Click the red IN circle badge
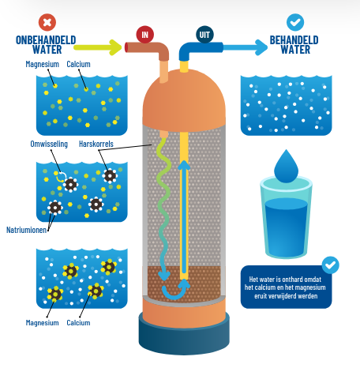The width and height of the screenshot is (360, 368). coord(144,35)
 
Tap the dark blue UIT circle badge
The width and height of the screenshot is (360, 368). coord(204,35)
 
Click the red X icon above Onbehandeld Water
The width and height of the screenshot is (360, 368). coord(47,22)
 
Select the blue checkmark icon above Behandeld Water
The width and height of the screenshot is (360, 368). coord(295,22)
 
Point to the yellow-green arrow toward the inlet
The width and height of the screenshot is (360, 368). coord(98,47)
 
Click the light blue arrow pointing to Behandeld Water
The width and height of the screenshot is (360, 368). coord(246,47)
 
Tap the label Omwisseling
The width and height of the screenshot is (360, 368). coord(49,144)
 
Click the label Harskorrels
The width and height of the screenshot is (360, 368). coord(96,144)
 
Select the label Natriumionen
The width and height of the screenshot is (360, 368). coord(26,230)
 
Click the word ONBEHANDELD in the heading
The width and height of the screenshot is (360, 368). coord(46,40)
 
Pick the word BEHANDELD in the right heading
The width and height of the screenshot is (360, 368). coord(294,40)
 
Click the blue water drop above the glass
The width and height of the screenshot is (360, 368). coord(286,167)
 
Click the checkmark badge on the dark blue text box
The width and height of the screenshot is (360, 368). coord(330,265)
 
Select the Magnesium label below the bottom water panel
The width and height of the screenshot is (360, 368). coord(42,323)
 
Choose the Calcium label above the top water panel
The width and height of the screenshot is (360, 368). coord(78,64)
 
